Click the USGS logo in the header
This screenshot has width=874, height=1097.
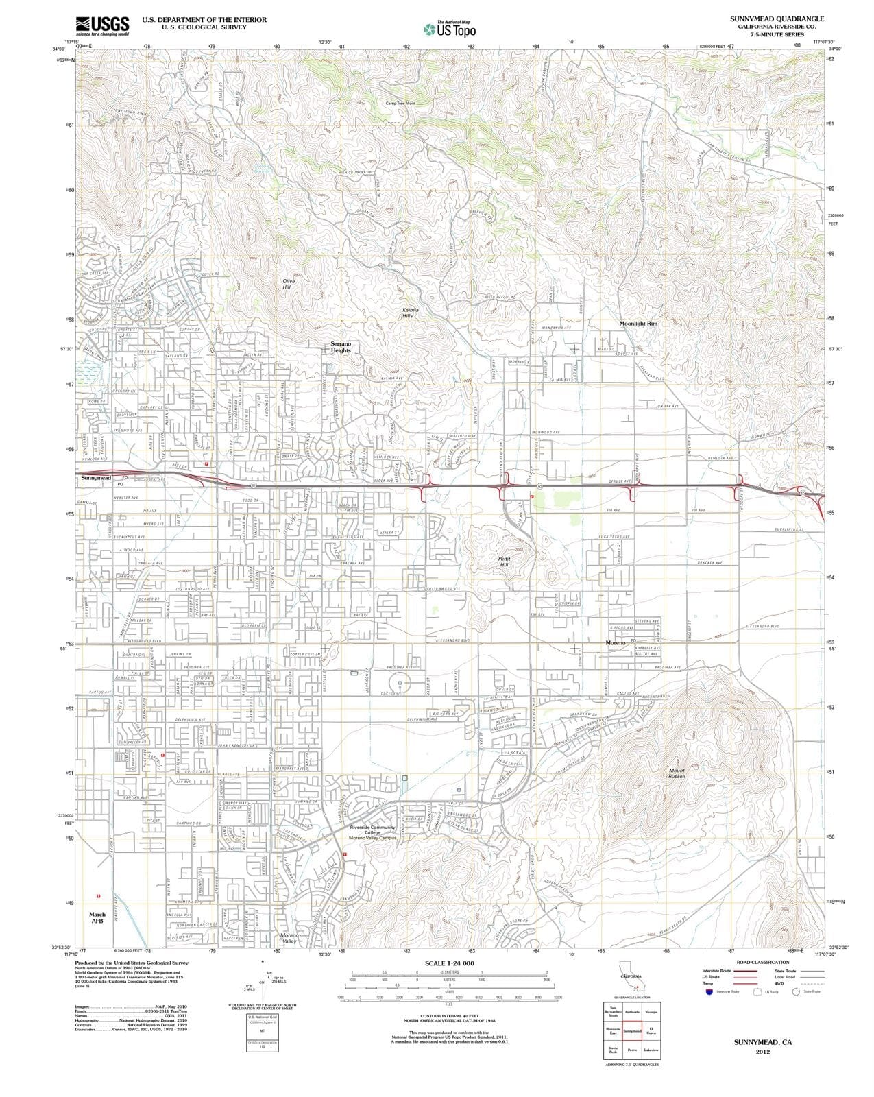pyautogui.click(x=103, y=25)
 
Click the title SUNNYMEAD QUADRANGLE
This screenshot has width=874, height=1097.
pyautogui.click(x=777, y=19)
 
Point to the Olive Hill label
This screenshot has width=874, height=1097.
pyautogui.click(x=287, y=284)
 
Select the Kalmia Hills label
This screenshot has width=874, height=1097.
pyautogui.click(x=410, y=313)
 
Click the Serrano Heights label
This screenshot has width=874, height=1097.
pyautogui.click(x=341, y=346)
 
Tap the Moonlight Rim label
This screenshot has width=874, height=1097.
pyautogui.click(x=638, y=323)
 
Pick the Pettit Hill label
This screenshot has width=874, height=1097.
pyautogui.click(x=505, y=561)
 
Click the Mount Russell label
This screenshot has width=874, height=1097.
pyautogui.click(x=677, y=773)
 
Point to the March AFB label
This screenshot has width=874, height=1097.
pyautogui.click(x=97, y=917)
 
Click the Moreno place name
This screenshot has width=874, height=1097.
pyautogui.click(x=616, y=643)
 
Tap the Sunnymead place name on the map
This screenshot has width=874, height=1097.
pyautogui.click(x=96, y=477)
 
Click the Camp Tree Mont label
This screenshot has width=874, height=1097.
pyautogui.click(x=400, y=103)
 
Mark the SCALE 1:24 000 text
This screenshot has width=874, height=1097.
pyautogui.click(x=449, y=963)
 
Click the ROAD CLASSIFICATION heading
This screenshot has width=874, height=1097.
pyautogui.click(x=762, y=962)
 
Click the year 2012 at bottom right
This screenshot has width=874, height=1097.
pyautogui.click(x=762, y=1051)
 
